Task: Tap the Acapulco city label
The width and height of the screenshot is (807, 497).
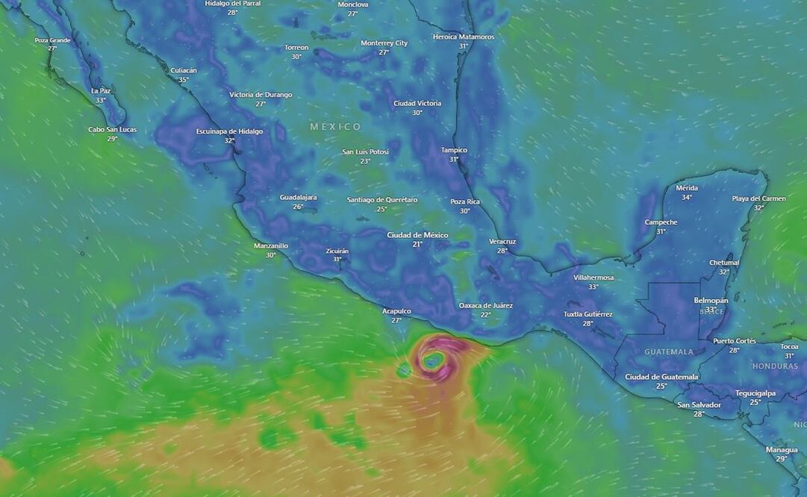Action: point(396,311)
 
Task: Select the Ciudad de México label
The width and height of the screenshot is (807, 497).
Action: point(417,235)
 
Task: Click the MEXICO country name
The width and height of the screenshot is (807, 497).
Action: point(336,127)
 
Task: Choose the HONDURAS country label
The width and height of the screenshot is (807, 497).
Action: point(775,366)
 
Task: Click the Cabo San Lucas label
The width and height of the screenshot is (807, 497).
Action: point(112,129)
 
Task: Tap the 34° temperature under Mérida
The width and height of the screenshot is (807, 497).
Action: point(686,197)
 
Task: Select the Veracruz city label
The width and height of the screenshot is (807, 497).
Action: point(502,241)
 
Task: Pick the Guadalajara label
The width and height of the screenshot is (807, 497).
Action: point(298,197)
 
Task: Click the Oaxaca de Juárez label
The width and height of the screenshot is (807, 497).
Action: point(485,305)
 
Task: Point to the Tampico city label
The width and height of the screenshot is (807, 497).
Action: point(453,150)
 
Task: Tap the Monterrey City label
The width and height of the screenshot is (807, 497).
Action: point(384,43)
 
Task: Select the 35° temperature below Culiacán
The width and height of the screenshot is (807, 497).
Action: point(183,80)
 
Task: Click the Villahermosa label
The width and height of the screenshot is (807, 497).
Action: point(593,278)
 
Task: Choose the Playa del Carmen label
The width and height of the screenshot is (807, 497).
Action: point(758,199)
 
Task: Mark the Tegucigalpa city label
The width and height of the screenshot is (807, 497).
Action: point(755,393)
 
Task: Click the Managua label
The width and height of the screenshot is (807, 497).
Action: point(782,449)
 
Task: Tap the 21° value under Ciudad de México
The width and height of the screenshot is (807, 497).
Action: point(417,244)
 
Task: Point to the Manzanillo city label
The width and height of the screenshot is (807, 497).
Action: point(270,246)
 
